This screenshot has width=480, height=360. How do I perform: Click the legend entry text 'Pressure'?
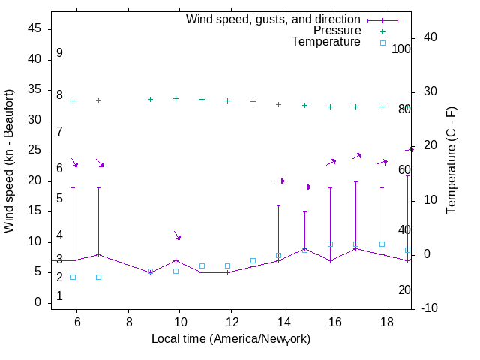(337, 31)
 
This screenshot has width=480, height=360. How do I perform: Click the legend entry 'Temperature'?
(326, 43)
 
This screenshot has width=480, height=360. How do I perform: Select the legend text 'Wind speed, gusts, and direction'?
(274, 19)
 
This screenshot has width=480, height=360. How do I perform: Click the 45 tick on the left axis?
(35, 28)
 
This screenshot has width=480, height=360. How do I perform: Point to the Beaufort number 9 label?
(59, 53)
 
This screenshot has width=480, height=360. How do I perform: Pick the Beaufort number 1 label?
(59, 296)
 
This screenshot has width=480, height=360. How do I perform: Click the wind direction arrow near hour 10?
(178, 235)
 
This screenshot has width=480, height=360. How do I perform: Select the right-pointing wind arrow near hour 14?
(280, 181)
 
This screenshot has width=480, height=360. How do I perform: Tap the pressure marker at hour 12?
(227, 100)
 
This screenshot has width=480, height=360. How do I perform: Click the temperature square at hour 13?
(253, 260)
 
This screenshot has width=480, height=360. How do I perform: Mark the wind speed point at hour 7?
(98, 254)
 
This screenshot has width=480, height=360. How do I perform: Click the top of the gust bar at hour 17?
(355, 181)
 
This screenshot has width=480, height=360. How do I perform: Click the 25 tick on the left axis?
(35, 150)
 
